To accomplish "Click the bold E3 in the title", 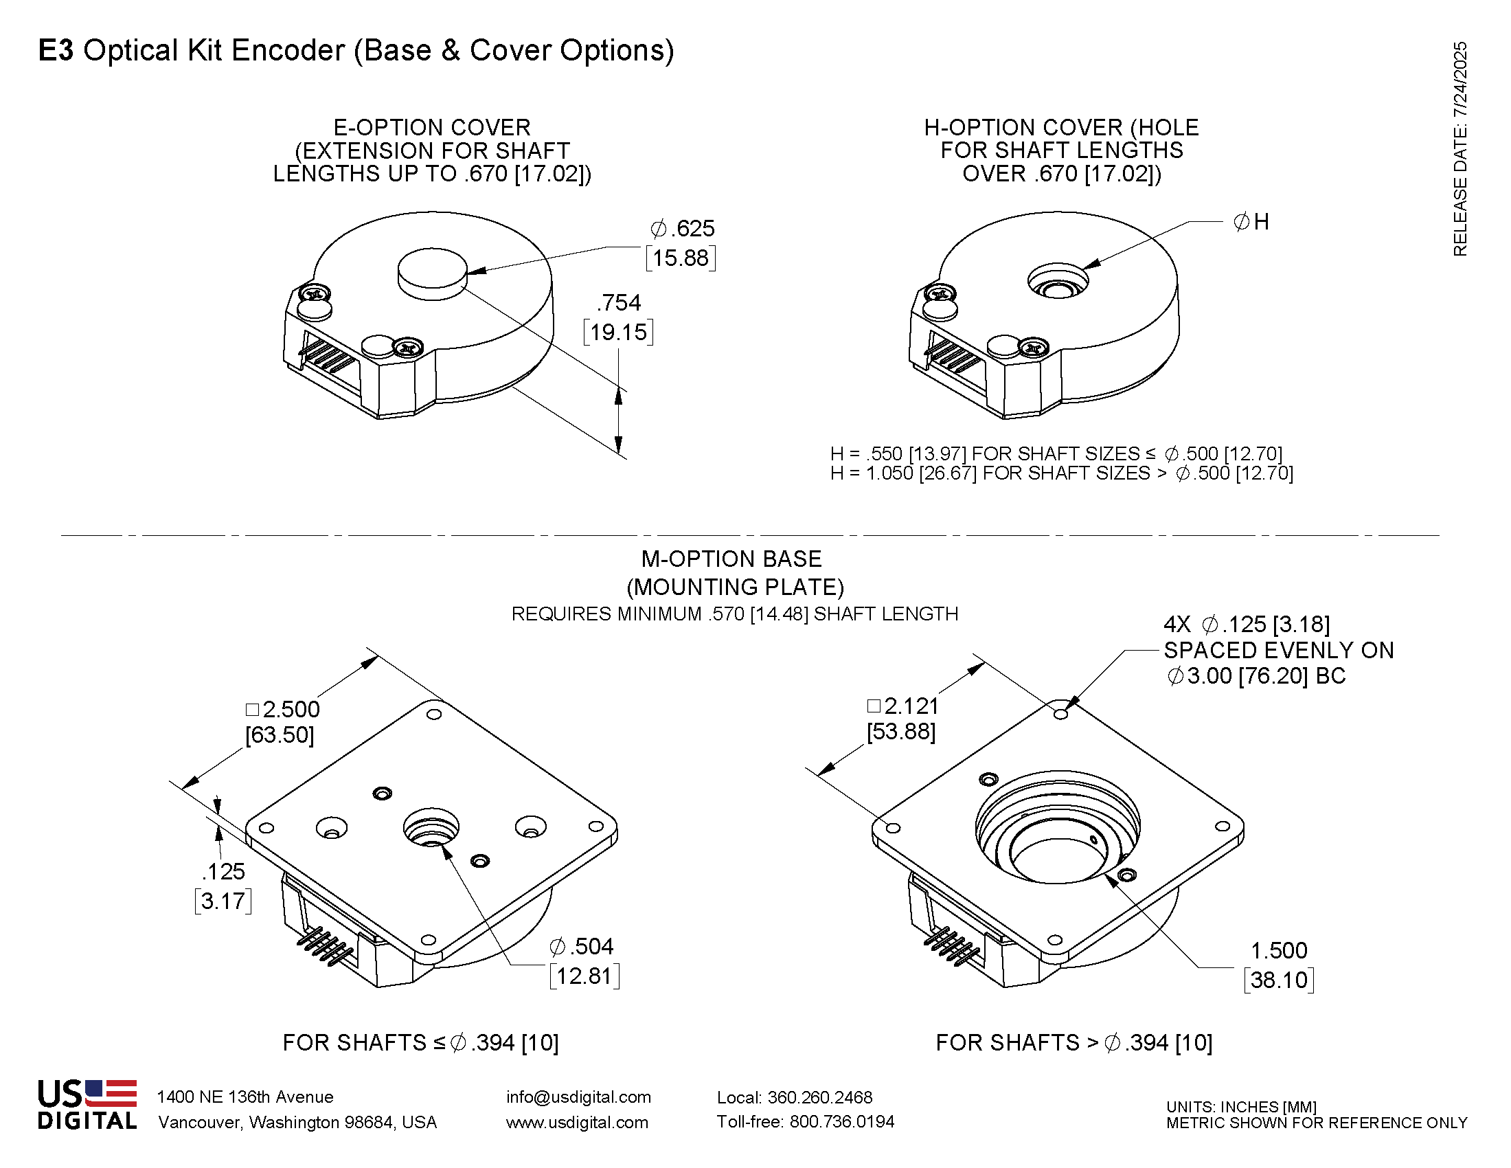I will click(56, 51).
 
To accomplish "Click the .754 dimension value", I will click(619, 303).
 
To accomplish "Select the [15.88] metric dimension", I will click(681, 258).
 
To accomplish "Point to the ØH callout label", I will click(1251, 222).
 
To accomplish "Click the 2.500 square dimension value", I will click(291, 709).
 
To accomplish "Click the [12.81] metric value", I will click(584, 976).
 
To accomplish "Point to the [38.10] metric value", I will click(1279, 980).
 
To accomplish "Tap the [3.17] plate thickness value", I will click(223, 901).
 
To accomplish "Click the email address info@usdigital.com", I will click(578, 1097).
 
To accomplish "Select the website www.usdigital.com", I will click(577, 1123).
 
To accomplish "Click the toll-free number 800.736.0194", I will click(841, 1122).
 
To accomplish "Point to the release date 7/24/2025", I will click(1459, 80).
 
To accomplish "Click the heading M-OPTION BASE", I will click(731, 559).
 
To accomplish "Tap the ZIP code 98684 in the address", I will click(370, 1123).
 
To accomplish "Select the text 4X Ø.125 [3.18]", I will click(1247, 624).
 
